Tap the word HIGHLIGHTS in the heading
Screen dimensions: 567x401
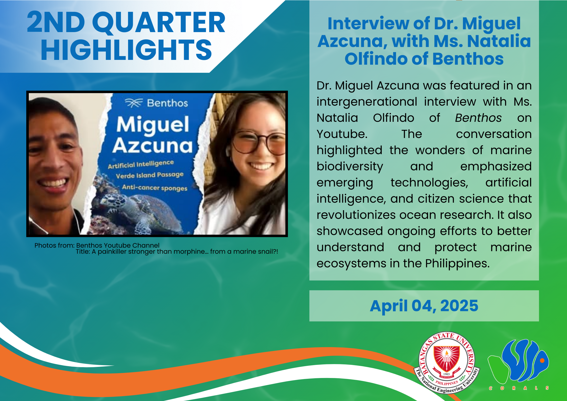tap(126, 50)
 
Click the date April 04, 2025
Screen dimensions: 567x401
tap(424, 306)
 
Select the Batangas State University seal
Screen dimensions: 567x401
tap(447, 363)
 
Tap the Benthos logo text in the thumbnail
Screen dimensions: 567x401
tap(167, 103)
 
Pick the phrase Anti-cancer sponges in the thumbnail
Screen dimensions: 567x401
tap(155, 188)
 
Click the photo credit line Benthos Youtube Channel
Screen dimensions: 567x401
tap(118, 245)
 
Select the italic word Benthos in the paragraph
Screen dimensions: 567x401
tap(478, 118)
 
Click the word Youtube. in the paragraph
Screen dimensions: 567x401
tap(342, 134)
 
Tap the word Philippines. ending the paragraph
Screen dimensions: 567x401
tap(457, 264)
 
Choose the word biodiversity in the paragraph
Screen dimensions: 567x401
tap(350, 167)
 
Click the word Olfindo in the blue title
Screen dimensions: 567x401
tap(375, 59)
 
